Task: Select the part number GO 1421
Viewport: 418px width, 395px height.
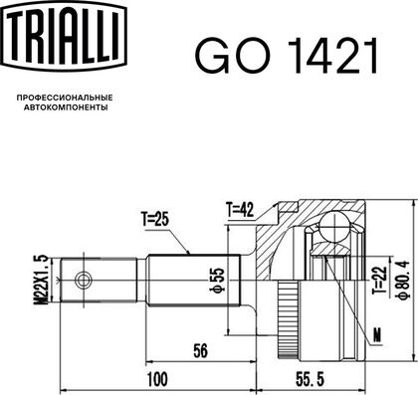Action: tap(287, 56)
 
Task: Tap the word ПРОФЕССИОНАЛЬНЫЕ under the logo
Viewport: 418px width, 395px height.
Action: tap(65, 98)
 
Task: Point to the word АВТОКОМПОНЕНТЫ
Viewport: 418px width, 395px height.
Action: tap(66, 107)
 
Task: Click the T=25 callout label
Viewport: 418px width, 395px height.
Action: tap(155, 219)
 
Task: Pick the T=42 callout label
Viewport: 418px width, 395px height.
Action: tap(240, 209)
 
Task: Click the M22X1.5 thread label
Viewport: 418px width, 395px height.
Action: tap(41, 280)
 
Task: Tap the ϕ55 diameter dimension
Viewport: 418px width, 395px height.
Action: tap(218, 280)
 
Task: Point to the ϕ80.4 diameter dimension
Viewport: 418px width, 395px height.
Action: tap(403, 280)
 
